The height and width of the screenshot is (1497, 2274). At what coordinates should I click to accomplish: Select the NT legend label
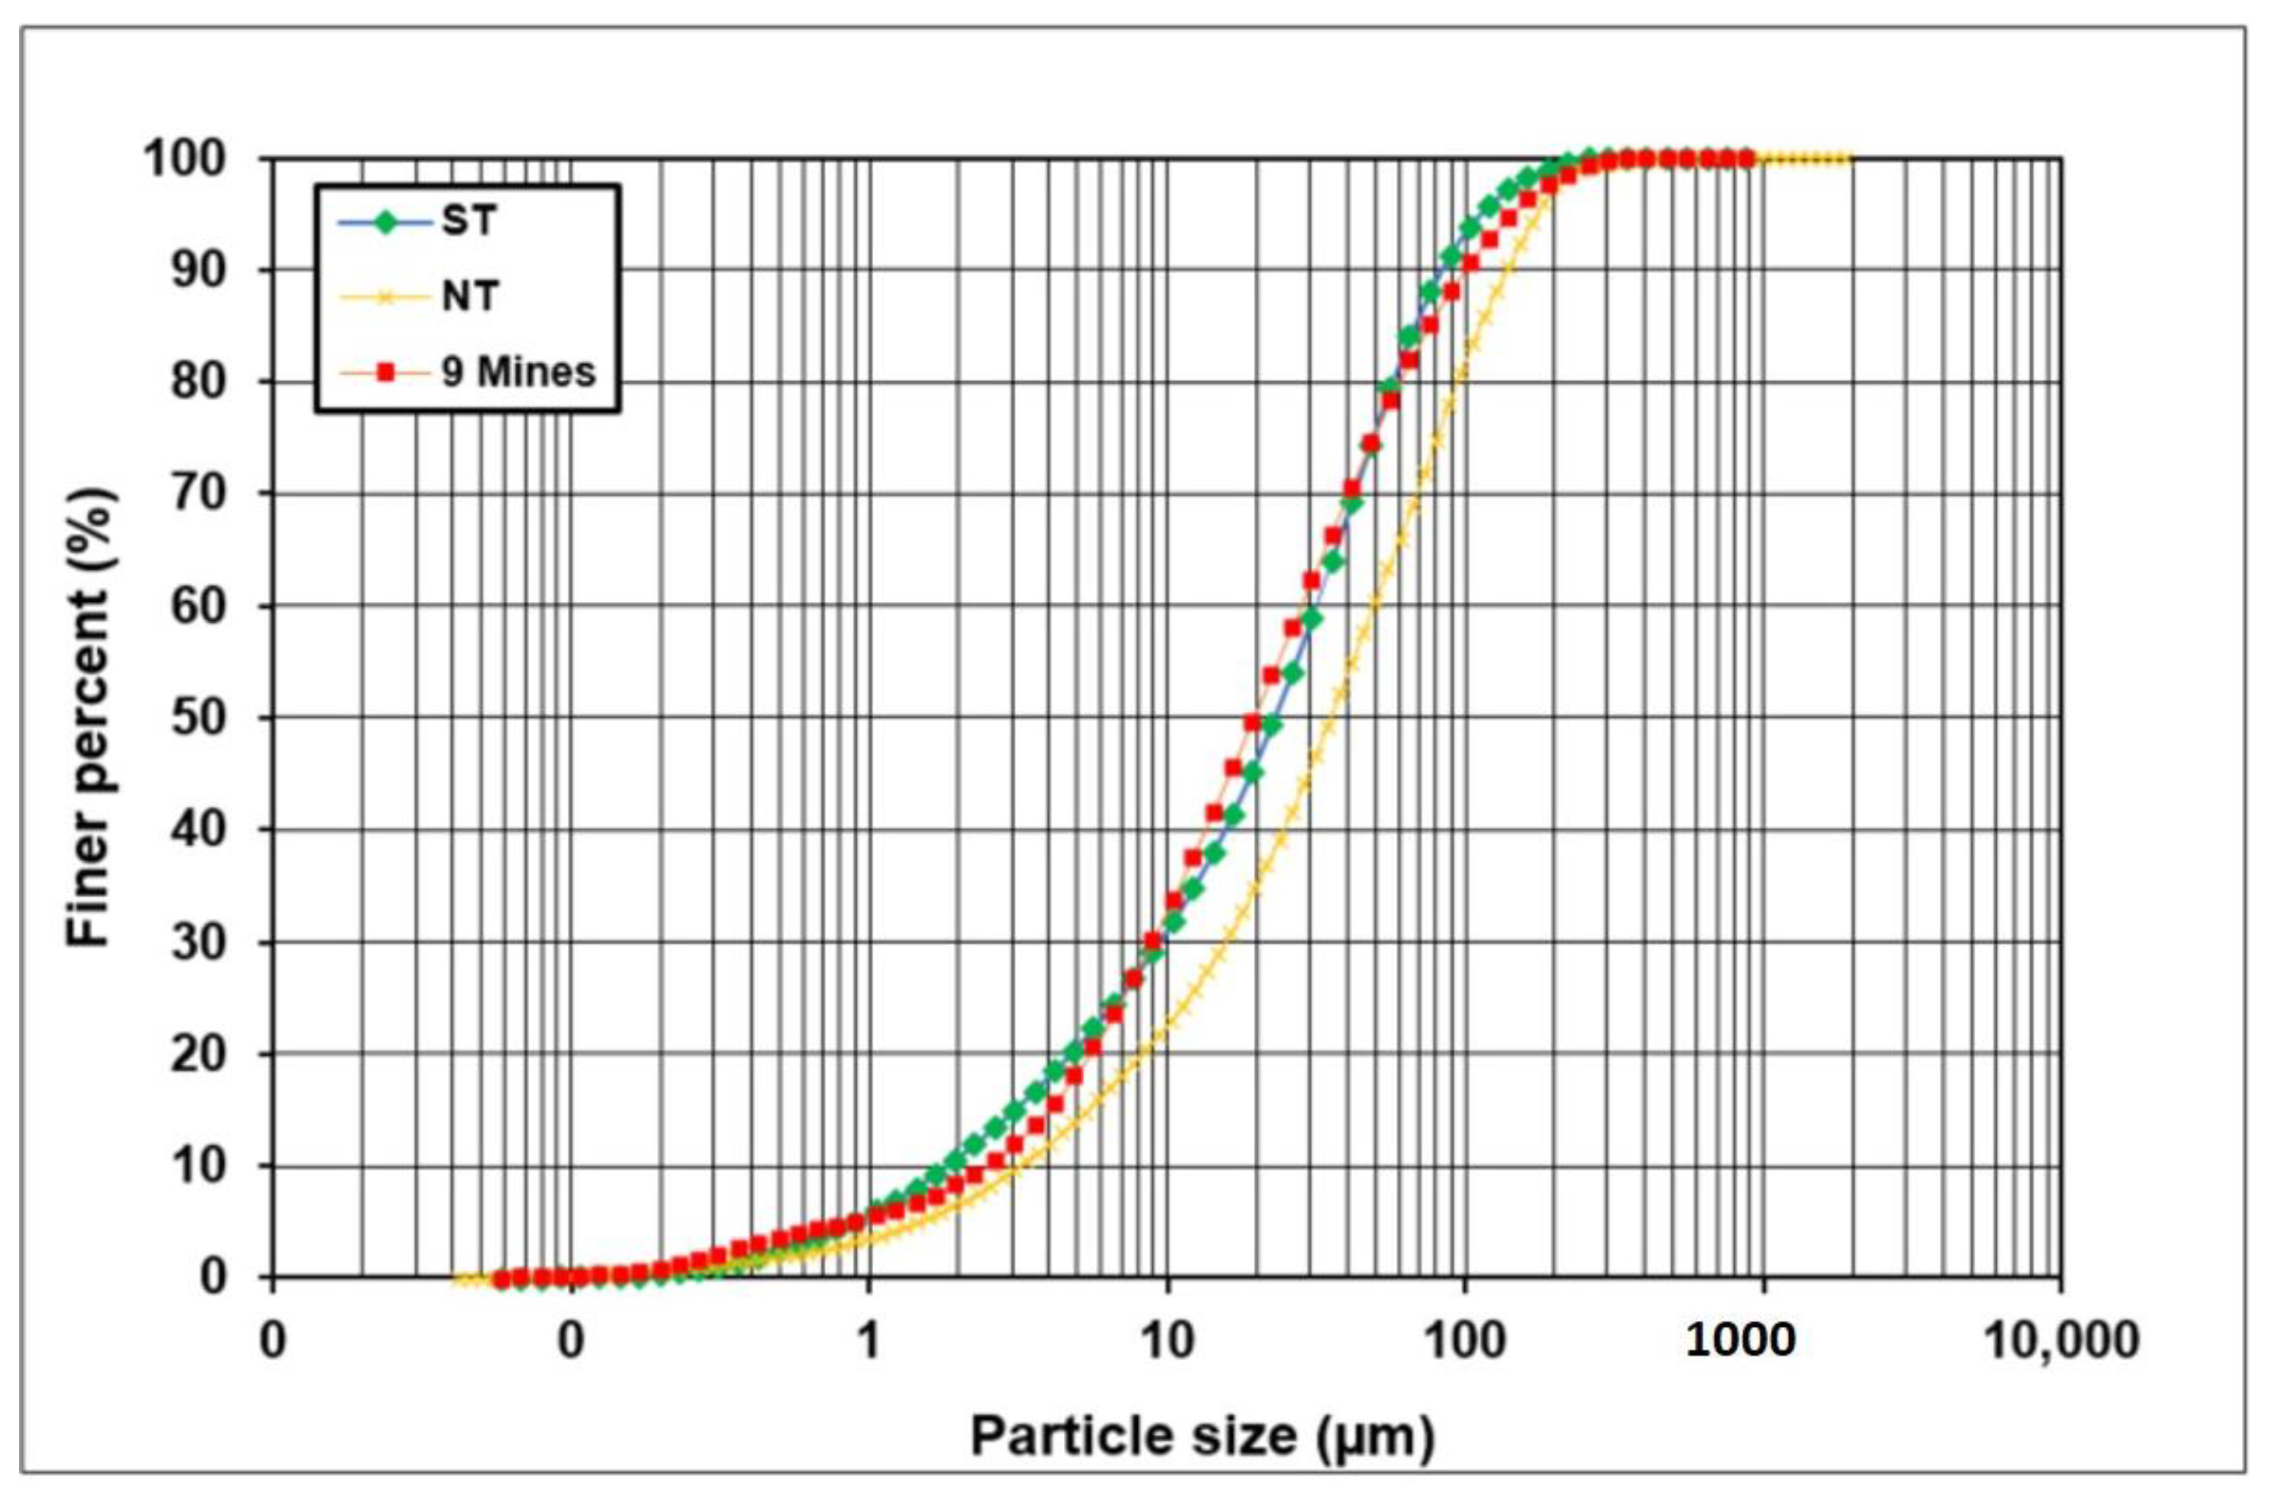click(x=470, y=297)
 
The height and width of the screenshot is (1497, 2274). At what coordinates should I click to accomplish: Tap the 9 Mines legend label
click(x=518, y=372)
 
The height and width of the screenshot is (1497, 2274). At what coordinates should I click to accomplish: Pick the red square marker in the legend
click(x=386, y=372)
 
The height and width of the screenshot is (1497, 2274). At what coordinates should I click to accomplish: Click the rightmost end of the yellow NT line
click(x=1850, y=159)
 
